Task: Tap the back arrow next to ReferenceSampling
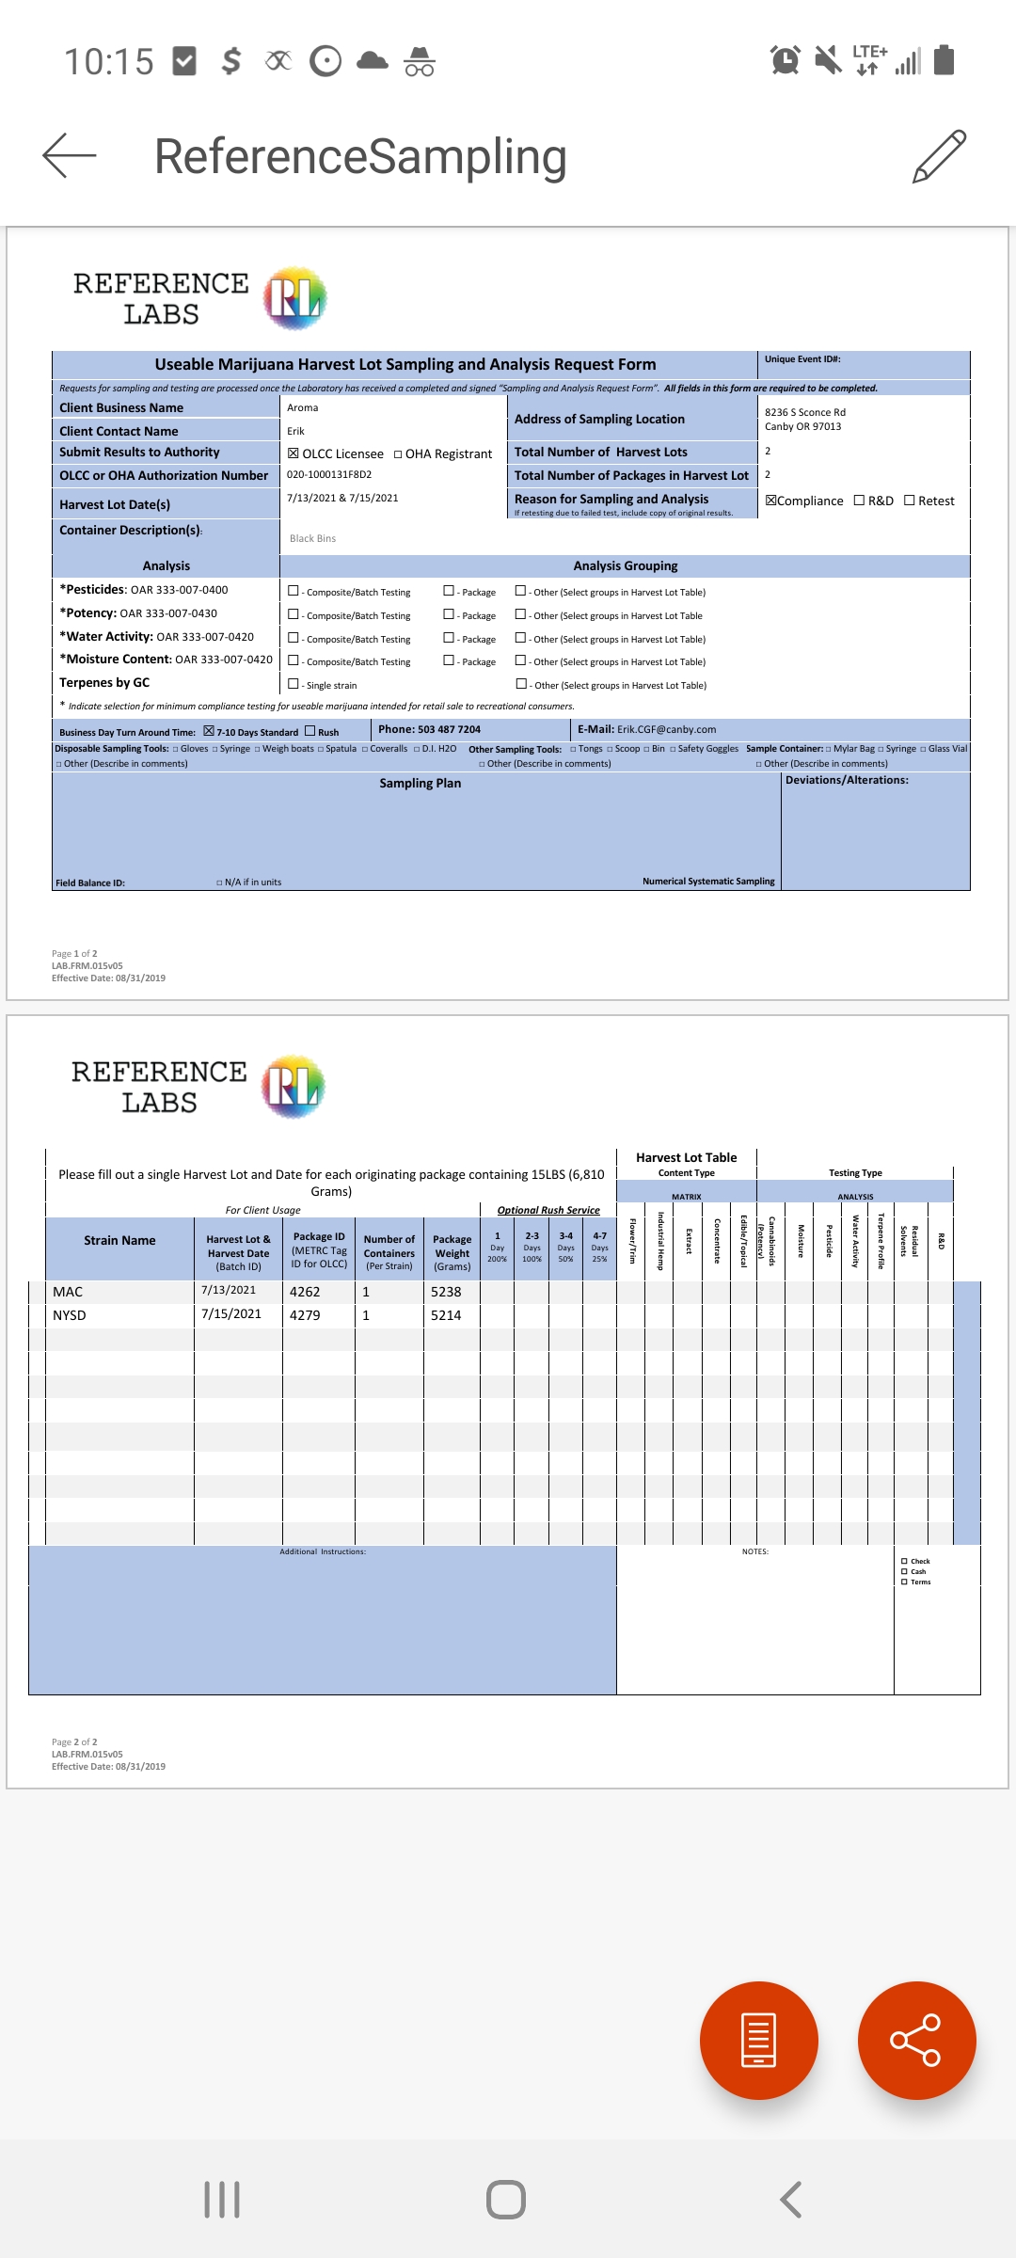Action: point(70,155)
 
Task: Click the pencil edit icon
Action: point(939,156)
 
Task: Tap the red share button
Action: point(916,2040)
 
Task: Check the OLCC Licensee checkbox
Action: point(294,453)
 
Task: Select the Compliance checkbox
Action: point(771,501)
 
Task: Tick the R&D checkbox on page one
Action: point(859,501)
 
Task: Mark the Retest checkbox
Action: point(910,501)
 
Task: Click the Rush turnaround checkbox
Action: point(310,731)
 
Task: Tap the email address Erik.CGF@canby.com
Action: point(666,729)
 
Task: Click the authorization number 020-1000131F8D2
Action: point(329,475)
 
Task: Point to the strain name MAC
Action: point(68,1292)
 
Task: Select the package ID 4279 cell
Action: point(305,1315)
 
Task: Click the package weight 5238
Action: point(446,1292)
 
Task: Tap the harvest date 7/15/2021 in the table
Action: point(231,1314)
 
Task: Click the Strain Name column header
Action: point(119,1240)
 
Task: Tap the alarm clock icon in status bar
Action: point(785,61)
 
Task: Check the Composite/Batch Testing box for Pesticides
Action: point(294,591)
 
